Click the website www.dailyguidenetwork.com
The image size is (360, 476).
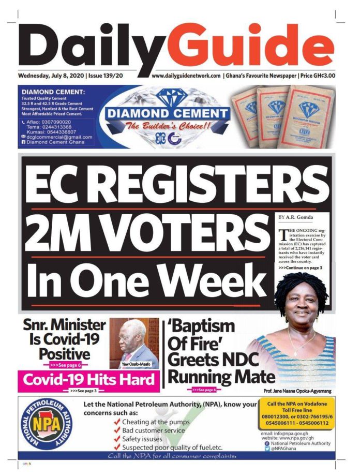click(187, 76)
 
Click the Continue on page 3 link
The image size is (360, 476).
click(300, 267)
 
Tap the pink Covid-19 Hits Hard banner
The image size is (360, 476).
click(88, 380)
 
